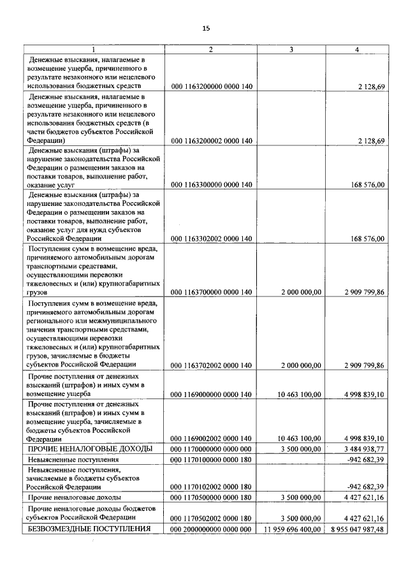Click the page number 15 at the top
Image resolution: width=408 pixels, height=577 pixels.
pos(206,28)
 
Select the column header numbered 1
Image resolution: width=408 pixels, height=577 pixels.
pos(94,49)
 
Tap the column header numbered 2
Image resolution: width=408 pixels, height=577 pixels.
pos(212,49)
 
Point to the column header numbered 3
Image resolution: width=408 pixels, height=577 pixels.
pos(292,49)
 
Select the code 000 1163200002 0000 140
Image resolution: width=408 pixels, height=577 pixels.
pos(212,141)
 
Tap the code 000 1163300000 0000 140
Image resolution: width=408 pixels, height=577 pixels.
pos(212,185)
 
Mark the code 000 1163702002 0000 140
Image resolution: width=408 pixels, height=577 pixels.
pos(212,365)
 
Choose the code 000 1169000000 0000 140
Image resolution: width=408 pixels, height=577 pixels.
pos(212,395)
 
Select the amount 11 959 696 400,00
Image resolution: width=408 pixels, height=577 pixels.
pos(292,530)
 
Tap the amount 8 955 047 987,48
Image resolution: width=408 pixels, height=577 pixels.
pos(358,530)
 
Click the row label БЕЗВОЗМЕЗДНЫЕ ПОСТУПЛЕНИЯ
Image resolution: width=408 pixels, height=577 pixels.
pos(89,529)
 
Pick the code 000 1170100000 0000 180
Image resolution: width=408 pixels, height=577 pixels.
pos(212,459)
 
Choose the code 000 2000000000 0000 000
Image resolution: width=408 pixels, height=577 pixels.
pos(212,530)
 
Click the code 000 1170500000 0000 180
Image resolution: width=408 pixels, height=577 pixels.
pos(212,497)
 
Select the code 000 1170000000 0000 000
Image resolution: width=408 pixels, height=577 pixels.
pos(212,449)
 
